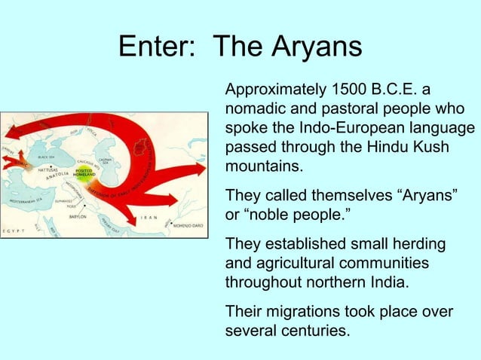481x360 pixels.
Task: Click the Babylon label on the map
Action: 78,216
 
